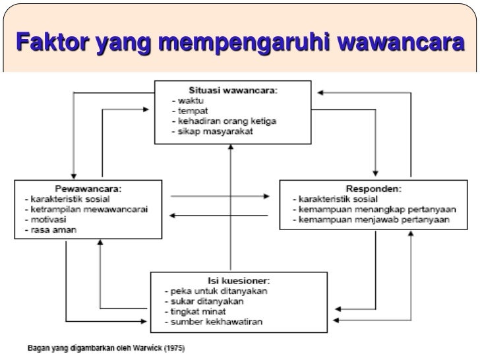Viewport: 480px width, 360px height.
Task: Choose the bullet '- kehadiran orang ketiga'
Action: coord(222,121)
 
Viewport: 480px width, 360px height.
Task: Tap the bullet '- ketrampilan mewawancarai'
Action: coord(86,209)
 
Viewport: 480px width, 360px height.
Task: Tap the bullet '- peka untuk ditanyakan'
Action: coord(216,291)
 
